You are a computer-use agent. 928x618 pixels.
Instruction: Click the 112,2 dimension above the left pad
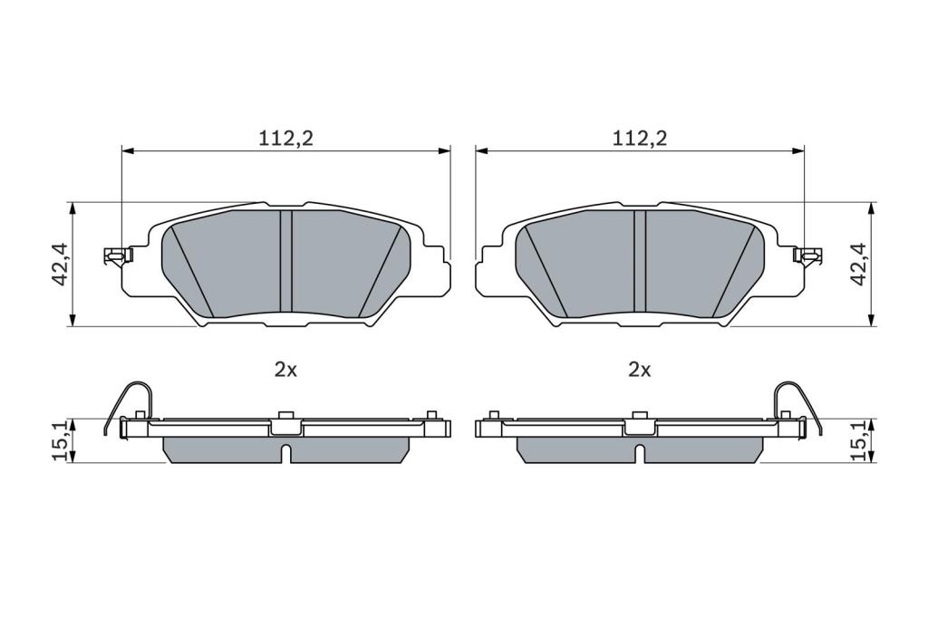click(285, 138)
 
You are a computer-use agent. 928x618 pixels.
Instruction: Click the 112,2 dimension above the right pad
click(639, 138)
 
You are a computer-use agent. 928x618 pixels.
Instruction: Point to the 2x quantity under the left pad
click(285, 371)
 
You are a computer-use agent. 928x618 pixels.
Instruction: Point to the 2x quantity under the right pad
click(639, 371)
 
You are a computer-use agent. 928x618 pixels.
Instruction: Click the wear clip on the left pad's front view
click(118, 256)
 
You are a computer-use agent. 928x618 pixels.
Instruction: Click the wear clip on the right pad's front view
click(807, 256)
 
